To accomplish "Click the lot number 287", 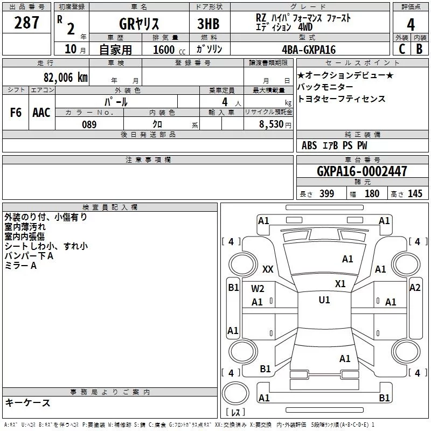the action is tap(26, 23).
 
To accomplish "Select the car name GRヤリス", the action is tap(139, 24).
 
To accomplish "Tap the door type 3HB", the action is tap(208, 24).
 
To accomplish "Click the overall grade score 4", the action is tap(411, 25).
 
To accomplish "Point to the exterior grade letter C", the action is tap(402, 49).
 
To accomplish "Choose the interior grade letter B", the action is tap(419, 49).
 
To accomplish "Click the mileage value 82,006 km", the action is tap(65, 78).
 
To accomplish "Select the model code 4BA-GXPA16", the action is tap(309, 50).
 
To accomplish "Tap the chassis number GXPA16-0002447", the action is tap(362, 171).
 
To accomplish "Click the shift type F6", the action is tap(16, 113).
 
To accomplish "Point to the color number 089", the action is tap(89, 124).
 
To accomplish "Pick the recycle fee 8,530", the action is tap(272, 124).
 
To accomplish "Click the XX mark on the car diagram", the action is tap(268, 269).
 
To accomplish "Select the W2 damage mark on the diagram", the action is tap(258, 289).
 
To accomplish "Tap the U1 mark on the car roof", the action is tap(324, 300).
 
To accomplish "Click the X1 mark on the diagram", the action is tap(340, 284).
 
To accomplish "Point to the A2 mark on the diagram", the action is tap(415, 288).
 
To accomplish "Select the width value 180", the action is tap(372, 193).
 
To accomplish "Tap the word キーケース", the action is tap(28, 403).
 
